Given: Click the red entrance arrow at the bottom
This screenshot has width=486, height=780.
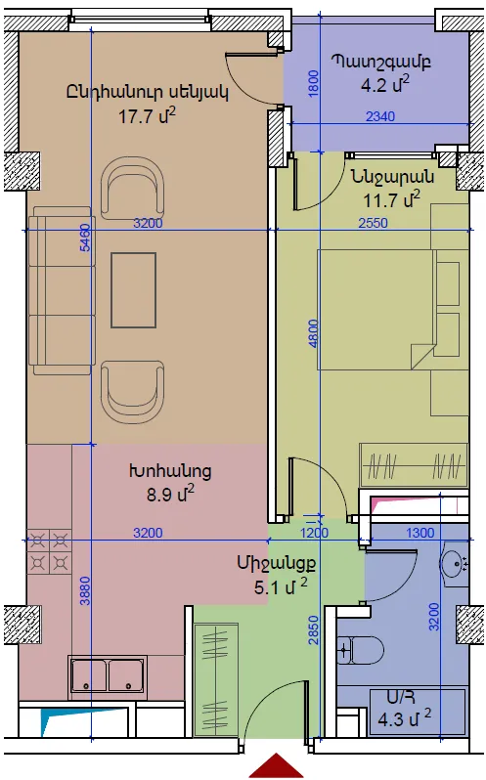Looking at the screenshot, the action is pyautogui.click(x=276, y=766).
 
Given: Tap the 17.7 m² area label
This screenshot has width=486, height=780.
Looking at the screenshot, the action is pyautogui.click(x=147, y=116).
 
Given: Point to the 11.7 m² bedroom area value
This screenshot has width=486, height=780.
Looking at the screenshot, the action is pyautogui.click(x=391, y=199).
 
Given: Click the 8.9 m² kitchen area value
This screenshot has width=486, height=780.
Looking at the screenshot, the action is pyautogui.click(x=170, y=494).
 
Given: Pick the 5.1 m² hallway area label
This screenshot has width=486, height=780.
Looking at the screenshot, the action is pyautogui.click(x=281, y=586).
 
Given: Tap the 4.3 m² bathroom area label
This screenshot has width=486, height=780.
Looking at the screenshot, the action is pyautogui.click(x=404, y=718).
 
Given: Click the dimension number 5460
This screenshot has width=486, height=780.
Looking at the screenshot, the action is pyautogui.click(x=85, y=238).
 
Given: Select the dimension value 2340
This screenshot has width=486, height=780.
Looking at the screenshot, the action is pyautogui.click(x=380, y=116).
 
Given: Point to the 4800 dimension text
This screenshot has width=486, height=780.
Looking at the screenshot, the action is pyautogui.click(x=313, y=333).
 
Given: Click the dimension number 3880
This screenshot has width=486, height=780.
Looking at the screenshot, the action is pyautogui.click(x=85, y=590).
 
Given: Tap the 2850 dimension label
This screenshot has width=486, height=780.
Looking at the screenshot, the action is pyautogui.click(x=313, y=630).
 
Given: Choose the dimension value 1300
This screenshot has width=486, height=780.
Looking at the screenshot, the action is pyautogui.click(x=420, y=533).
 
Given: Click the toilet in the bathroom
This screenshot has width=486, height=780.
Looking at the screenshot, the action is pyautogui.click(x=360, y=650).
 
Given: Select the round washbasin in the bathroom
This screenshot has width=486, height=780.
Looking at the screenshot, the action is pyautogui.click(x=454, y=563).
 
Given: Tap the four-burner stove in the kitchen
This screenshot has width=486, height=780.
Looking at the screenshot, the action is pyautogui.click(x=49, y=551).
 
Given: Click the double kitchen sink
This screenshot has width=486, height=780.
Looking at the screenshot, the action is pyautogui.click(x=108, y=674).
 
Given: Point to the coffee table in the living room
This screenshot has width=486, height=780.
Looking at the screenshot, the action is pyautogui.click(x=133, y=290).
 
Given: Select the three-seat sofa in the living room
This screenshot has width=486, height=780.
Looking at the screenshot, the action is pyautogui.click(x=62, y=290).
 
